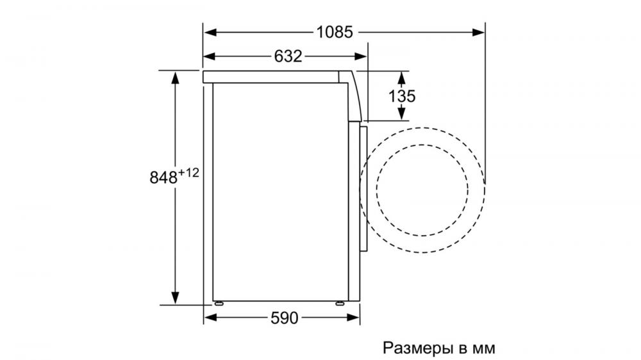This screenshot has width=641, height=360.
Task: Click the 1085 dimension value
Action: coord(335,32)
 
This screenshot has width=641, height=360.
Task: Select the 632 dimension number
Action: coord(288,56)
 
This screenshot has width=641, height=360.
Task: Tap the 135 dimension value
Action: coord(401,96)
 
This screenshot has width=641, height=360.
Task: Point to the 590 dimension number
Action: coord(284,318)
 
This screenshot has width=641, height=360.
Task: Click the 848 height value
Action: coord(163,177)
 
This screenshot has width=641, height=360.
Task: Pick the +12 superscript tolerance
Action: coord(188,173)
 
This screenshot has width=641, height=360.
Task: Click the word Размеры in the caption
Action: coord(418,348)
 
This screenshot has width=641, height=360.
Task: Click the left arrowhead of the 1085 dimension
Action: coord(210,32)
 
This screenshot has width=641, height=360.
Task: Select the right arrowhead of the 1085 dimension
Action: coord(479,32)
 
